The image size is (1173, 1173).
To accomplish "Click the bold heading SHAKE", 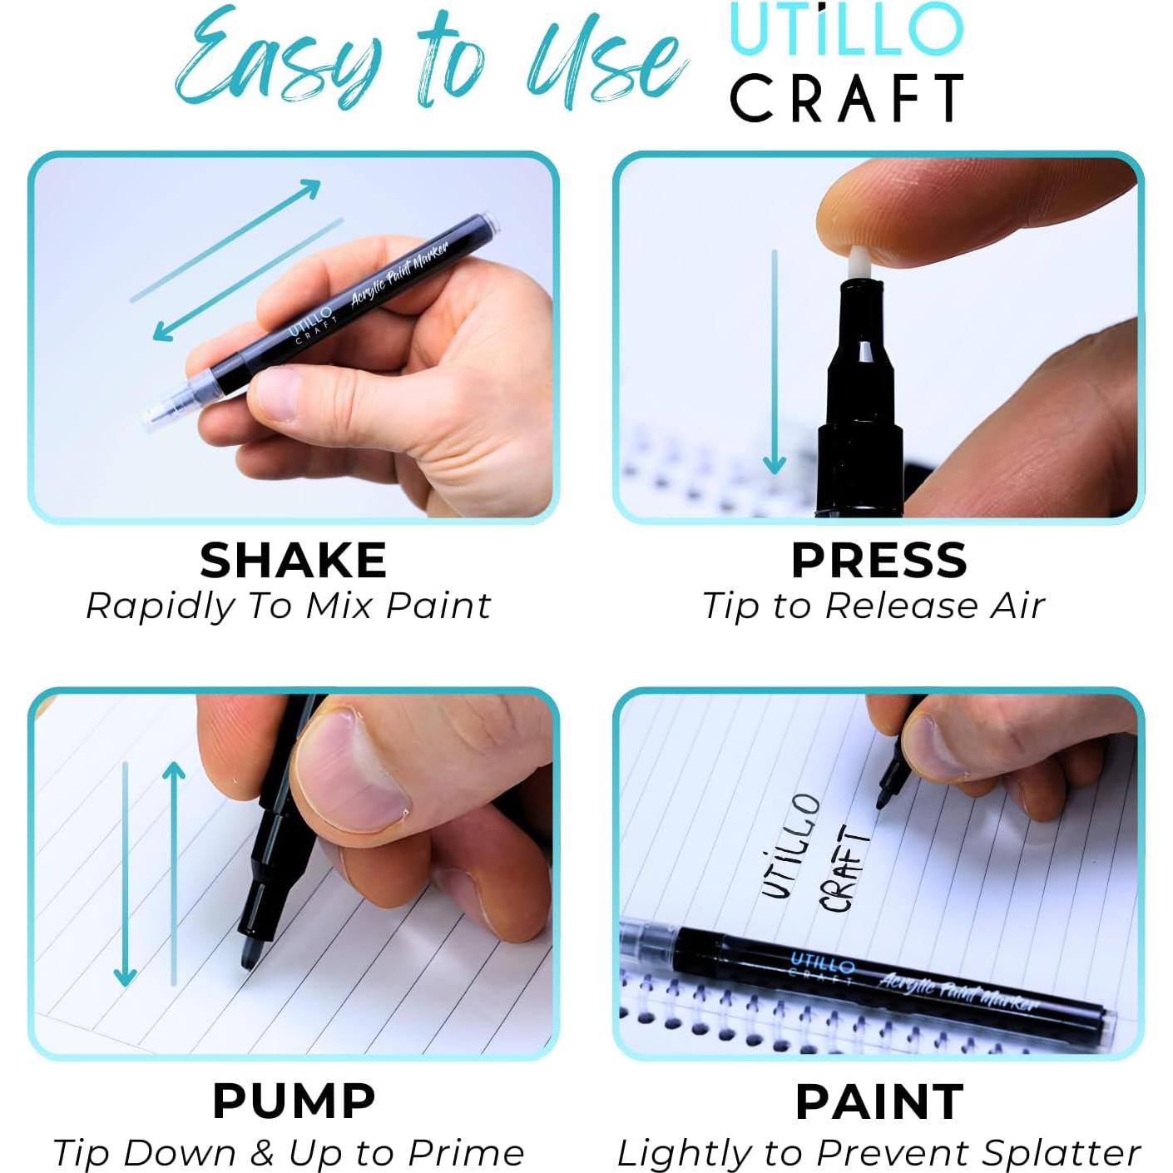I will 293,560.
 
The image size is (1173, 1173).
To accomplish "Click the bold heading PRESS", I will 879,560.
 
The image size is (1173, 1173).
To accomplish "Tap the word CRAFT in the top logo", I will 847,98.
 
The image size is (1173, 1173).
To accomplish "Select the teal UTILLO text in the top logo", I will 845,30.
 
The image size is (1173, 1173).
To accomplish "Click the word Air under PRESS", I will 1017,606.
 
